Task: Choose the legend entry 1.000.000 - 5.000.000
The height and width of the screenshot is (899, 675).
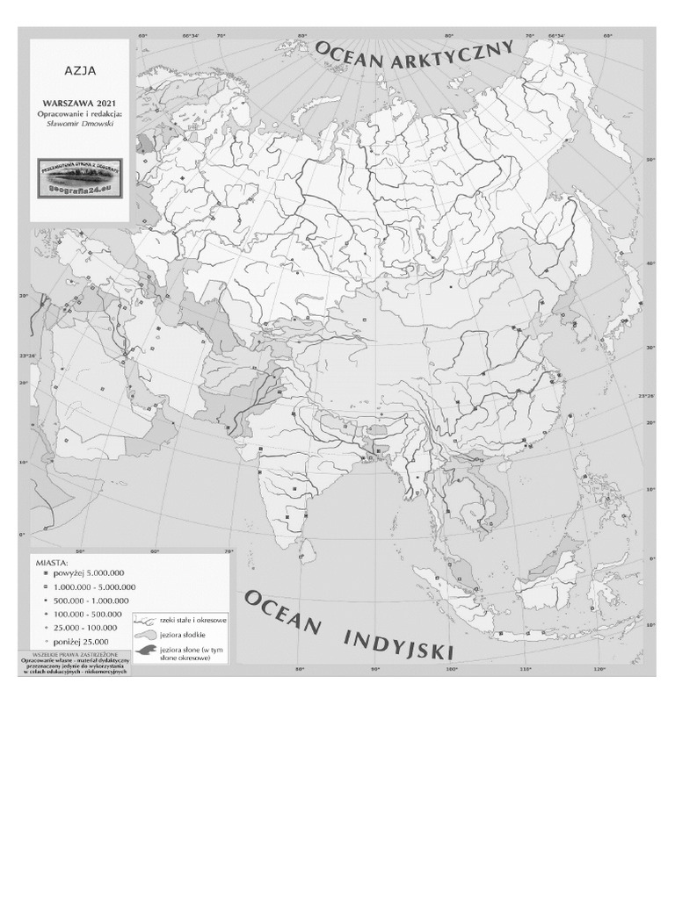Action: coord(94,586)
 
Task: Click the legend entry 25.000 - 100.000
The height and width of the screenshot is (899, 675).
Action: coord(87,628)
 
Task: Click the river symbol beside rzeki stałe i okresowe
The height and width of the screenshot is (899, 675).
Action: coord(145,622)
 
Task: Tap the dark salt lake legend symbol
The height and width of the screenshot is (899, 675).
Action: coord(145,651)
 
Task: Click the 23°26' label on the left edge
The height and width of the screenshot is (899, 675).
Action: coord(29,356)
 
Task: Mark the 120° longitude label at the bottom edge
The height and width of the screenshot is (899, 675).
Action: coord(599,672)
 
